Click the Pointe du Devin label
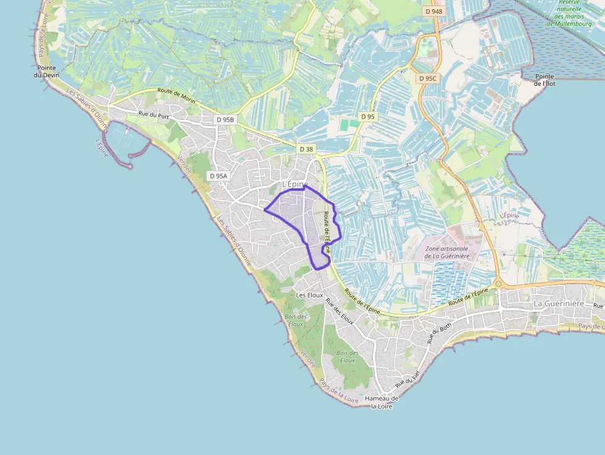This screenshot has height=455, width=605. [x=46, y=71]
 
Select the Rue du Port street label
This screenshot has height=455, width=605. [x=154, y=114]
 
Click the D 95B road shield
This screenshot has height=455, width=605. [x=225, y=119]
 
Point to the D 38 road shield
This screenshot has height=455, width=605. [x=306, y=149]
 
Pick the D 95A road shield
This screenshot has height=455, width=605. [x=219, y=176]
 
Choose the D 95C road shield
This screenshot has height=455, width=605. [x=427, y=78]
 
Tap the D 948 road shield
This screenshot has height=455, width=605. [x=433, y=12]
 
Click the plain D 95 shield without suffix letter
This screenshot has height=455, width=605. [x=368, y=117]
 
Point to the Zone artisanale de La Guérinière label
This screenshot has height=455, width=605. [x=447, y=252]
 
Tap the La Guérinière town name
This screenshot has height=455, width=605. [x=559, y=304]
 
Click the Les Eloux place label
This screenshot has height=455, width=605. [x=310, y=295]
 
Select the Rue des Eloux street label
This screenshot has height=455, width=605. [x=340, y=312]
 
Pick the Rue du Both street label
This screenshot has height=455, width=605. [x=440, y=333]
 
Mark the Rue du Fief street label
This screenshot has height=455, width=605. [x=407, y=378]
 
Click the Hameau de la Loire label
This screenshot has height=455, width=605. [x=382, y=402]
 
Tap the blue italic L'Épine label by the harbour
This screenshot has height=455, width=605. [x=102, y=148]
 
